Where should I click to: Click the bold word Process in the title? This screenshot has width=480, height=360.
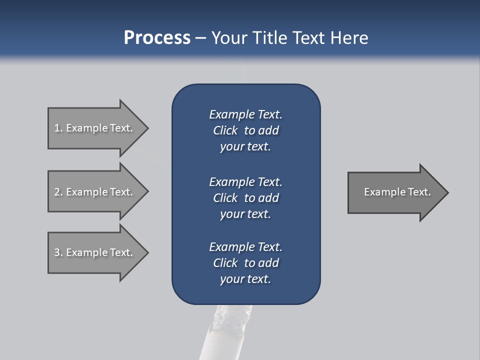point(157,38)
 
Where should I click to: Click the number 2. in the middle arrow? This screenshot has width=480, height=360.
point(58,192)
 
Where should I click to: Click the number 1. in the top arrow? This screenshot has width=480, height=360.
point(58,128)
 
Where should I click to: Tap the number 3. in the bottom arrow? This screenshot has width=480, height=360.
point(58,252)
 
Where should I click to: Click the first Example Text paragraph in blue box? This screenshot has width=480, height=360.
point(245,130)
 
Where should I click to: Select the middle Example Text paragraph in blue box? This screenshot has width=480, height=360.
point(245,198)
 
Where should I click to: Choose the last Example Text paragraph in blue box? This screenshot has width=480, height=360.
point(245,263)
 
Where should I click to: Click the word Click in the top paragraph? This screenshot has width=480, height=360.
point(225,130)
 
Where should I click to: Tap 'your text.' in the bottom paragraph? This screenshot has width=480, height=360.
point(245,279)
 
